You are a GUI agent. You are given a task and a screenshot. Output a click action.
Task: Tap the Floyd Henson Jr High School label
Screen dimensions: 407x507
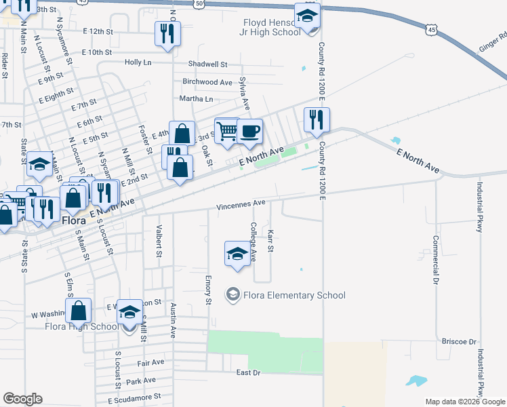[x=272, y=27]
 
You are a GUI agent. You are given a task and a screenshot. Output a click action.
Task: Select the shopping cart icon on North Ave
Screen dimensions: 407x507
[x=227, y=130]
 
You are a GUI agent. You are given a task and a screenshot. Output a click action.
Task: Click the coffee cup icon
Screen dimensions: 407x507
[x=249, y=131]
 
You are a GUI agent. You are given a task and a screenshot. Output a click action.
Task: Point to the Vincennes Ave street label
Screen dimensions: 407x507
[x=241, y=203]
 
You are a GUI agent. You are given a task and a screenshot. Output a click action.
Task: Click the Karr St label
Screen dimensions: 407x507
[x=270, y=241]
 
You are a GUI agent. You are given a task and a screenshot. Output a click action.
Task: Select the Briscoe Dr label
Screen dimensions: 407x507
[x=459, y=341]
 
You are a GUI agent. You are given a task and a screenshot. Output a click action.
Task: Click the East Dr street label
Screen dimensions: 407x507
[x=248, y=372]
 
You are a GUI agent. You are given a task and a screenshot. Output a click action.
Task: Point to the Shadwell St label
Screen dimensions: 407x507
[x=208, y=64]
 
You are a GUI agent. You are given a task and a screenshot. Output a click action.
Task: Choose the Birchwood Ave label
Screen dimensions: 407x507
[x=207, y=82]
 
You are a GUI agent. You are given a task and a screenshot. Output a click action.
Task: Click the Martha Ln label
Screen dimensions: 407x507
[x=195, y=98]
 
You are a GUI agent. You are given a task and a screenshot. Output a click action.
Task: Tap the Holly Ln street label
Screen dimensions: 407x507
[x=138, y=62]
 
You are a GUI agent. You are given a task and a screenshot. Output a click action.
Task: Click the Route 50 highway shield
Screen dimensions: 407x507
[x=198, y=3]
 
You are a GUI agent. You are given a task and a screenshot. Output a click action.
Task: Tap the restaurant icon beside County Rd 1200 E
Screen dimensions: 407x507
[x=316, y=120]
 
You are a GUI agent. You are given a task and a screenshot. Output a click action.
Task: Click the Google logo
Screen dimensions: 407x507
[x=22, y=399]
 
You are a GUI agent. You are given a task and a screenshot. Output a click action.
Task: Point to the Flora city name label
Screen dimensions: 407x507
[x=73, y=221]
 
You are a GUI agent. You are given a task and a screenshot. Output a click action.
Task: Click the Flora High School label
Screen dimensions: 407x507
[x=82, y=326]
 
